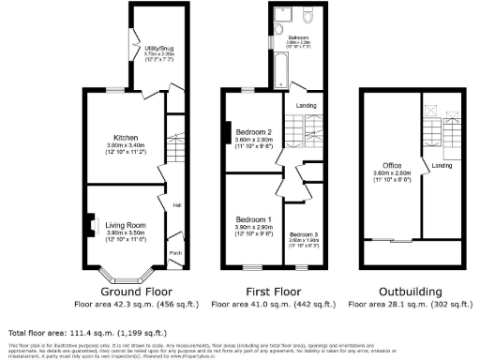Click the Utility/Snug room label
point(157,46)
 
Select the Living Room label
point(125,225)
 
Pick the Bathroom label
point(299,37)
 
